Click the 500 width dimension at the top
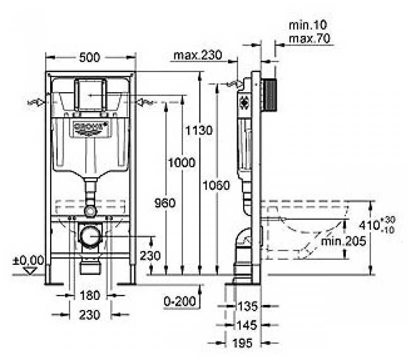tap(90, 58)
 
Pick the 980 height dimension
tap(165, 203)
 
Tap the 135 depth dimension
tap(248, 305)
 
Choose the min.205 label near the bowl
tap(344, 241)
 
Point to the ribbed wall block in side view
tap(271, 94)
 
